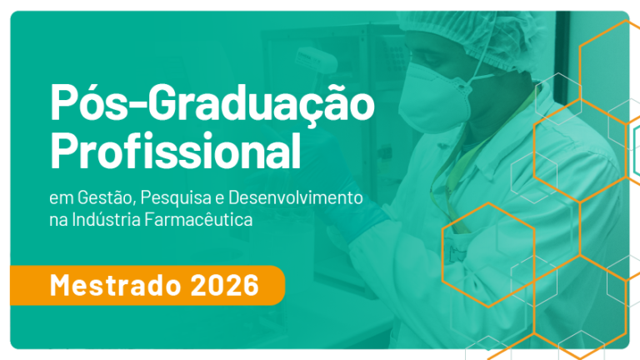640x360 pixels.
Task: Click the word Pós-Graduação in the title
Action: coord(212,102)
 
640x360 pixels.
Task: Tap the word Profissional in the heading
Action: coord(176,151)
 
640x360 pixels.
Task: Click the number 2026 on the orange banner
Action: coord(224,285)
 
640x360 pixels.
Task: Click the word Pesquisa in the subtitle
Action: coord(176,199)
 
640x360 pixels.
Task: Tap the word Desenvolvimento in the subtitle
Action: coord(296,198)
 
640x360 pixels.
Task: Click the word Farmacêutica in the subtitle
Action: coord(199,220)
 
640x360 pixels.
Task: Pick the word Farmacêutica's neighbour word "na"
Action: coord(58,221)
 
